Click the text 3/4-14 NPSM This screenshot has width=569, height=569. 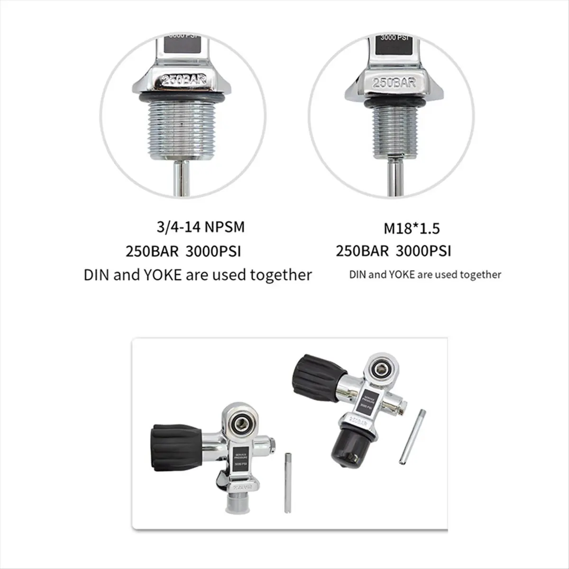pos(201,227)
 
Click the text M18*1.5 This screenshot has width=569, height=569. pos(412,229)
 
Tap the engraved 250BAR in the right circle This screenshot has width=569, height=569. pos(394,82)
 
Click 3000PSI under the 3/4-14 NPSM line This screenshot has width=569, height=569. pos(213,251)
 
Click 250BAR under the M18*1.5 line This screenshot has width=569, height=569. pos(362,251)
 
